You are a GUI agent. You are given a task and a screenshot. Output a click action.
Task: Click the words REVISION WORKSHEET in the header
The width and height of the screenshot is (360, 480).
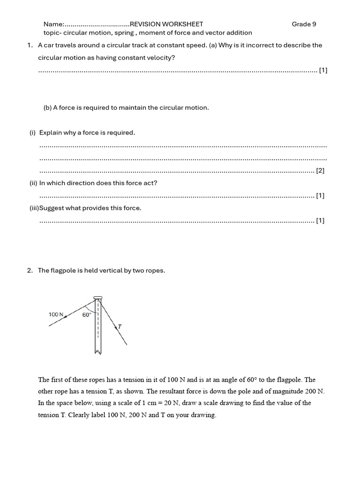[166, 24]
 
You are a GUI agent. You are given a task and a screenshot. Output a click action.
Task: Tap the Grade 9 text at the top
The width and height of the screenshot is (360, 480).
[304, 24]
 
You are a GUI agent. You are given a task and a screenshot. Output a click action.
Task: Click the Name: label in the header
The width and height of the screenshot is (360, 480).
[53, 24]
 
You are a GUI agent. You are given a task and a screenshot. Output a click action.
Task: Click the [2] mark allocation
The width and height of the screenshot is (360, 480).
[320, 171]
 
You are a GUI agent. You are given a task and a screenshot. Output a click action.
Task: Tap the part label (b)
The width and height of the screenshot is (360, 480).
[47, 107]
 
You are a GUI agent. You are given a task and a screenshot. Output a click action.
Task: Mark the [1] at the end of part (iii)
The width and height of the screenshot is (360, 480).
[320, 220]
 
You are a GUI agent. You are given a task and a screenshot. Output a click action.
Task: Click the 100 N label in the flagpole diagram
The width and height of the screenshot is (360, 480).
[56, 315]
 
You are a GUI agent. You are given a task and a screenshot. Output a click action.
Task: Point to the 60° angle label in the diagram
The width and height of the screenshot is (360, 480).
[87, 315]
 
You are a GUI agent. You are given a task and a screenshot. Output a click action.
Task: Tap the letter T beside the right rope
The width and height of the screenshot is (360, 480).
[120, 326]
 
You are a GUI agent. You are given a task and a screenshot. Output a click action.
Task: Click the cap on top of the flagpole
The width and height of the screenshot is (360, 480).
[97, 297]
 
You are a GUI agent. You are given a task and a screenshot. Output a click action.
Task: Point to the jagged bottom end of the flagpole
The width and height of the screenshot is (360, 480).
[97, 352]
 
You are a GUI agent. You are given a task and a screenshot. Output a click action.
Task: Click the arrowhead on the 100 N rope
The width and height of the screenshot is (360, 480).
[65, 317]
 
